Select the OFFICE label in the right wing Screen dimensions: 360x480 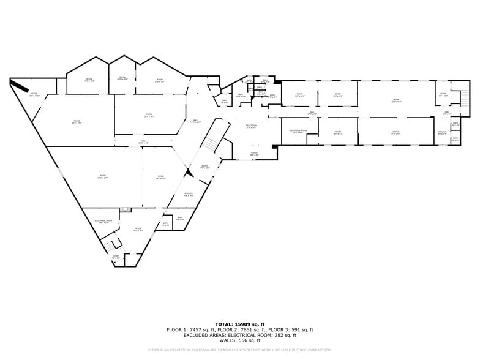pyautogui.click(x=396, y=132)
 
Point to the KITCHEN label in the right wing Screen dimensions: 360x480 pyautogui.click(x=442, y=132)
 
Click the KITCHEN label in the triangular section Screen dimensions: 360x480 pyautogui.click(x=189, y=194)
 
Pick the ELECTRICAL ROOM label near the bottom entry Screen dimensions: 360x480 pyautogui.click(x=103, y=221)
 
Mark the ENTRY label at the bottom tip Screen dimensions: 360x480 pyautogui.click(x=116, y=257)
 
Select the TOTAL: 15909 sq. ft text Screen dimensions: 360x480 pyautogui.click(x=239, y=324)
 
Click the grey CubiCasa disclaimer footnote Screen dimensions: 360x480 pyautogui.click(x=239, y=350)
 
